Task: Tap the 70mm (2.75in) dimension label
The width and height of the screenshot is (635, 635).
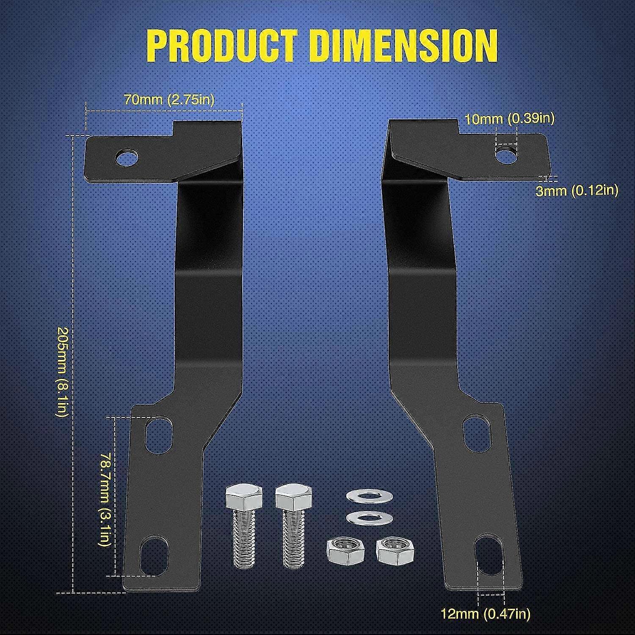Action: point(169,100)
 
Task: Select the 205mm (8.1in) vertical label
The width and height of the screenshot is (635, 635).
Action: point(62,372)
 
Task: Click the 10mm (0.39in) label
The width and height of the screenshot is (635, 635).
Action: point(510,119)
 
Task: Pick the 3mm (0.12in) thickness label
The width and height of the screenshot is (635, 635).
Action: point(577,190)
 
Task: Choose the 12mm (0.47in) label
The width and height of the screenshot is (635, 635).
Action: point(486,613)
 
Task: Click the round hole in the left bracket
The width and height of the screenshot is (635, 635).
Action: point(128,157)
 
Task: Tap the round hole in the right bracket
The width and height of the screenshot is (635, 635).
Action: point(506,155)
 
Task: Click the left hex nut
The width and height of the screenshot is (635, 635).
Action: point(341,550)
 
